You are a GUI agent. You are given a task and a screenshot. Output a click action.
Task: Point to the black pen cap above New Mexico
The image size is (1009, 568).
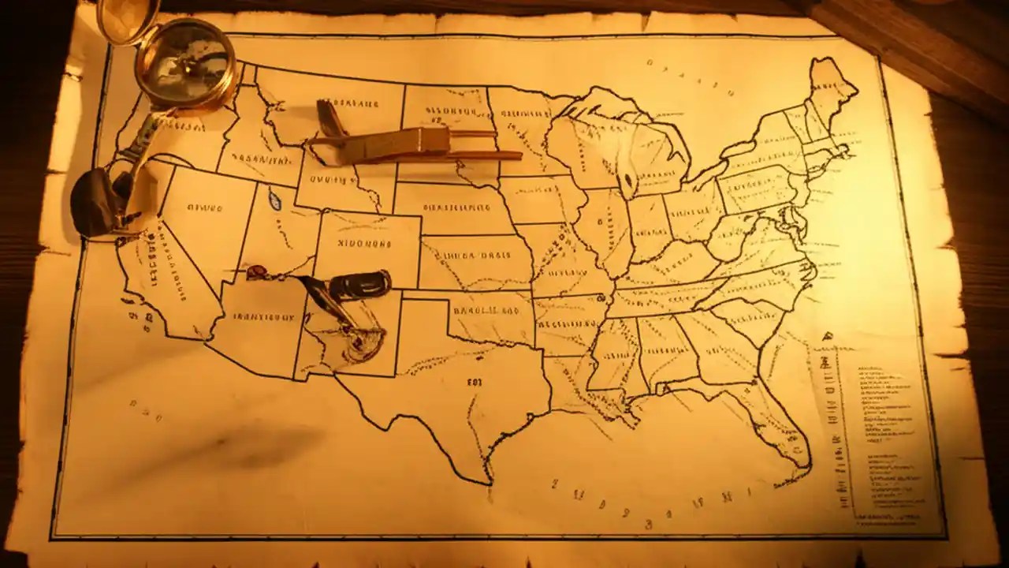click(x=360, y=284)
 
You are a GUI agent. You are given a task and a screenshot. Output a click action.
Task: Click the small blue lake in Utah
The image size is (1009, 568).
click(x=274, y=199)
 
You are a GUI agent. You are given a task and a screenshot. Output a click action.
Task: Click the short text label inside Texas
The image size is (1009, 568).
click(x=475, y=382)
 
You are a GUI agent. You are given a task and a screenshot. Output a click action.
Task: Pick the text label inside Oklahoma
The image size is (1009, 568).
click(x=481, y=309)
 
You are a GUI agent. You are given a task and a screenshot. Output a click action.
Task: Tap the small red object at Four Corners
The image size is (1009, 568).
click(x=255, y=272)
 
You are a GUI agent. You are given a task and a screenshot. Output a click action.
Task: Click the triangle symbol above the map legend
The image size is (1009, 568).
click(x=827, y=336)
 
